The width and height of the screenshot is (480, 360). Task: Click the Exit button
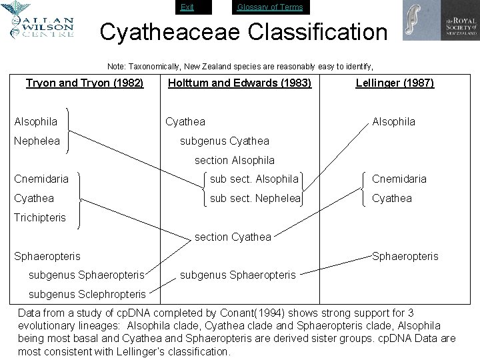(x=187, y=7)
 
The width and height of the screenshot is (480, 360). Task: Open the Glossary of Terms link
(x=270, y=7)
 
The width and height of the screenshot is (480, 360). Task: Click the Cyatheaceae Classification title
(x=243, y=31)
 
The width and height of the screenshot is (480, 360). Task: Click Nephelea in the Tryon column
(x=37, y=141)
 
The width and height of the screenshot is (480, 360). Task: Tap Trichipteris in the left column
(x=40, y=217)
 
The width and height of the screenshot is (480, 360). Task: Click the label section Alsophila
(x=234, y=160)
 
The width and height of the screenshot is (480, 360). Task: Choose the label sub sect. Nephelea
(x=255, y=198)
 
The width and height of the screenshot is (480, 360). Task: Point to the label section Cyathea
(x=233, y=237)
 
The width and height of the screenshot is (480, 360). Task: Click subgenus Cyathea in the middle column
(x=225, y=141)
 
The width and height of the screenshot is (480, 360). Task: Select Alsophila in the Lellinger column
(x=393, y=121)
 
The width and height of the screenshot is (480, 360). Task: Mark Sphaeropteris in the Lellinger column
(x=405, y=255)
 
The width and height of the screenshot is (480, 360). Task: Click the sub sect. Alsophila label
(x=254, y=179)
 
